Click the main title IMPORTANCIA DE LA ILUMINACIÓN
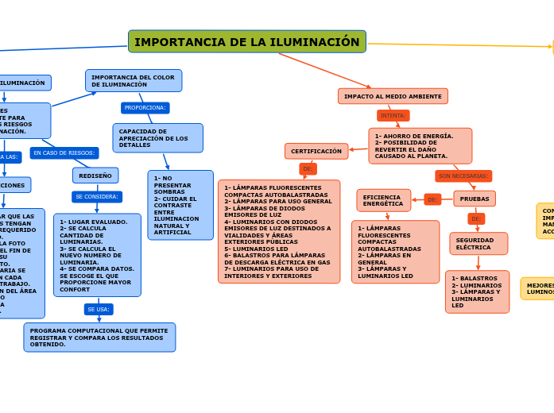246,42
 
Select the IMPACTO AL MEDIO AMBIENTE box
393,96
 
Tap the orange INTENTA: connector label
393,115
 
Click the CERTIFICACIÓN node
316,151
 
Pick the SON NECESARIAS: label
463,176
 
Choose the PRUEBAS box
475,199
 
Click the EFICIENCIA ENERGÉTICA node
383,200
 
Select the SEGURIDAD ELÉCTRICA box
478,244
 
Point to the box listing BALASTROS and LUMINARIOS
477,291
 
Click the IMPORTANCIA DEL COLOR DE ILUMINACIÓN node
134,81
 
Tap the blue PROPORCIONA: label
145,108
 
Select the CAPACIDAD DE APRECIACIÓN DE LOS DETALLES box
157,138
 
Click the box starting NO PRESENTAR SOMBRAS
180,205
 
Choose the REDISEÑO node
95,176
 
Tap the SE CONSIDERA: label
97,197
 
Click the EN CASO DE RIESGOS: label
64,152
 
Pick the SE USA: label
99,309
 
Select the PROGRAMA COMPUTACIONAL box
99,338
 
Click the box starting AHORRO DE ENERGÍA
420,146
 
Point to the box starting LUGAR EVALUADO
97,255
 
